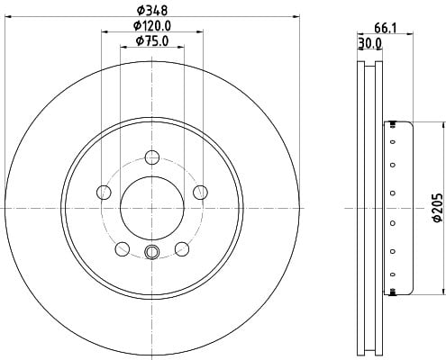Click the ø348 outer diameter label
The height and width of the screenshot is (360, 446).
152,11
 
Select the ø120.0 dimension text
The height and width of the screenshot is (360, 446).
152,26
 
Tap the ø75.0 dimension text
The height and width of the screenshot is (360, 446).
152,41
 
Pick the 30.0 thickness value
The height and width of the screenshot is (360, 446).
370,44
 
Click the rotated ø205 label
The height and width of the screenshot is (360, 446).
437,208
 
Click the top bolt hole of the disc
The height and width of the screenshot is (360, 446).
152,157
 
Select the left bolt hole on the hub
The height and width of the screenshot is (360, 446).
104,193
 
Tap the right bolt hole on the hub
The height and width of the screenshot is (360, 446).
200,193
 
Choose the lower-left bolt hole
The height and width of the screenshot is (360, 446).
123,248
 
